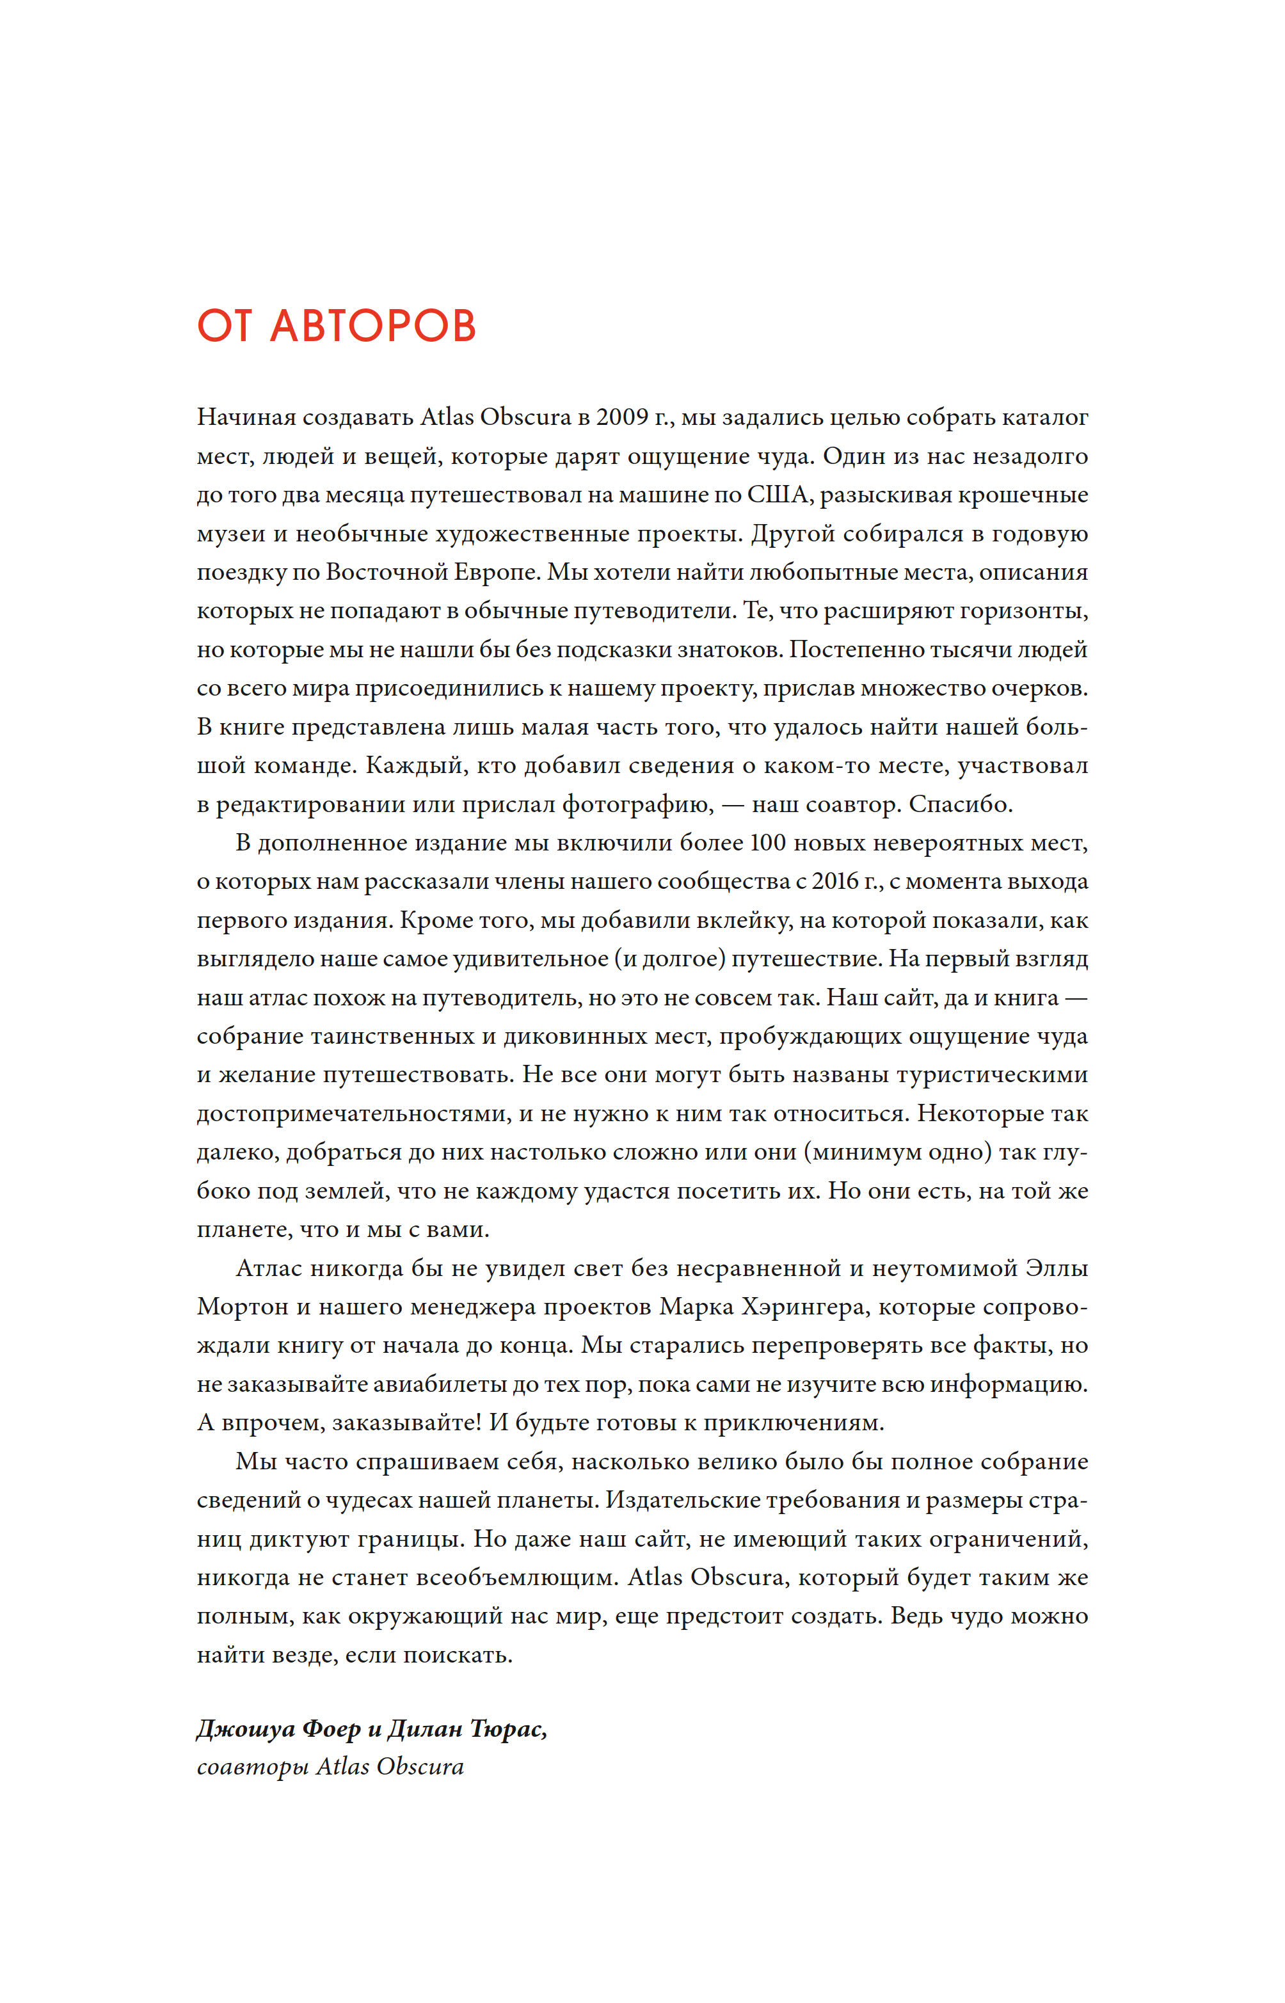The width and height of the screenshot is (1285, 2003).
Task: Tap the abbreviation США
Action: (777, 495)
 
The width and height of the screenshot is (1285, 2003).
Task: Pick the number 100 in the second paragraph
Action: (768, 843)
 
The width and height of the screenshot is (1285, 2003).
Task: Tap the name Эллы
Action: (1057, 1268)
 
